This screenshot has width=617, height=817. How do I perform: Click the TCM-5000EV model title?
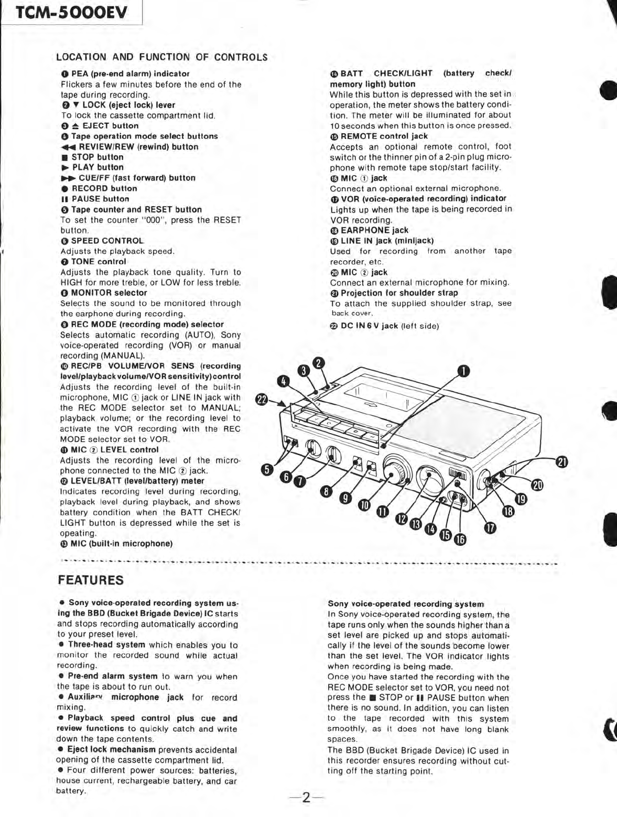[72, 13]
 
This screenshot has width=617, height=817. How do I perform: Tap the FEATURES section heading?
[91, 580]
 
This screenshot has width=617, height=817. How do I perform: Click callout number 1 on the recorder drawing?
[463, 371]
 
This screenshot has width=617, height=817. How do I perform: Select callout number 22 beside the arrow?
[262, 400]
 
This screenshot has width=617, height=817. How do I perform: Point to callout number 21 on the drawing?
[561, 462]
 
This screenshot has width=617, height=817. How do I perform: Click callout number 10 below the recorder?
[364, 505]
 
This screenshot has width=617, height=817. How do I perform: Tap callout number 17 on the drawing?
[490, 528]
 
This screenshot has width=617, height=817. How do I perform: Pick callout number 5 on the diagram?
[267, 469]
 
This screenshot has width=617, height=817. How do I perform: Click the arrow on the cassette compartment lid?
[370, 405]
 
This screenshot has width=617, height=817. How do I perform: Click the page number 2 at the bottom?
[306, 798]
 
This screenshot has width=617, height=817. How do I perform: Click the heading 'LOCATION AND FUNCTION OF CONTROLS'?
[161, 57]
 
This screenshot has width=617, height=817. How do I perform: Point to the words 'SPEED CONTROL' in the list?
[107, 241]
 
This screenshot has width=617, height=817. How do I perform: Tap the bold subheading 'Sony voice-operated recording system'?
[405, 604]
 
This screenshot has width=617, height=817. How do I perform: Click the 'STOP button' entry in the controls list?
[97, 157]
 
